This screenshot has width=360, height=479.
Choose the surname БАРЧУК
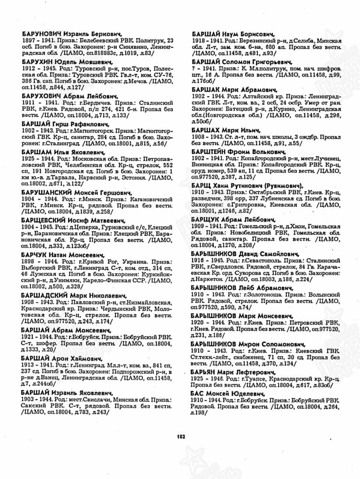(x=34, y=255)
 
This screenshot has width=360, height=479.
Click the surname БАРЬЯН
(x=206, y=372)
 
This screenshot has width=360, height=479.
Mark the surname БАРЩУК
(x=206, y=219)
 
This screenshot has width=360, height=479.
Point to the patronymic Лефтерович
(x=255, y=372)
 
